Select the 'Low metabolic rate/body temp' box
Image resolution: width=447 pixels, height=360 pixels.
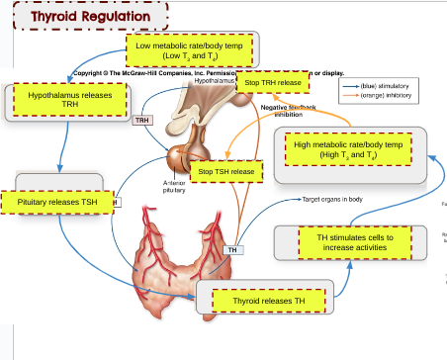click(192, 51)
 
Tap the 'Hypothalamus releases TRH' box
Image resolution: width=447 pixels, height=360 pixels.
click(70, 99)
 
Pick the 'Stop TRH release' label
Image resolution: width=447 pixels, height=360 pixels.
click(272, 83)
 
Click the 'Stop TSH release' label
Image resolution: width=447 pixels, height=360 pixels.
click(226, 172)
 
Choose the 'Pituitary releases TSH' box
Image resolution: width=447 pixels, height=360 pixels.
click(58, 202)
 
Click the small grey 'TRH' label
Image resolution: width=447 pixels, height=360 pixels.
click(142, 122)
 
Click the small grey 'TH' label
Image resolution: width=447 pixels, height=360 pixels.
click(233, 250)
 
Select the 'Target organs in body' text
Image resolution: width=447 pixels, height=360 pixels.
click(332, 199)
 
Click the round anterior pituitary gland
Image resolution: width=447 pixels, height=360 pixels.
click(181, 158)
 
